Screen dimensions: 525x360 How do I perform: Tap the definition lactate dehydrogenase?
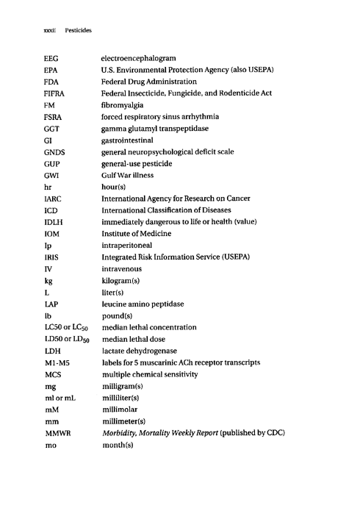click(x=143, y=351)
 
